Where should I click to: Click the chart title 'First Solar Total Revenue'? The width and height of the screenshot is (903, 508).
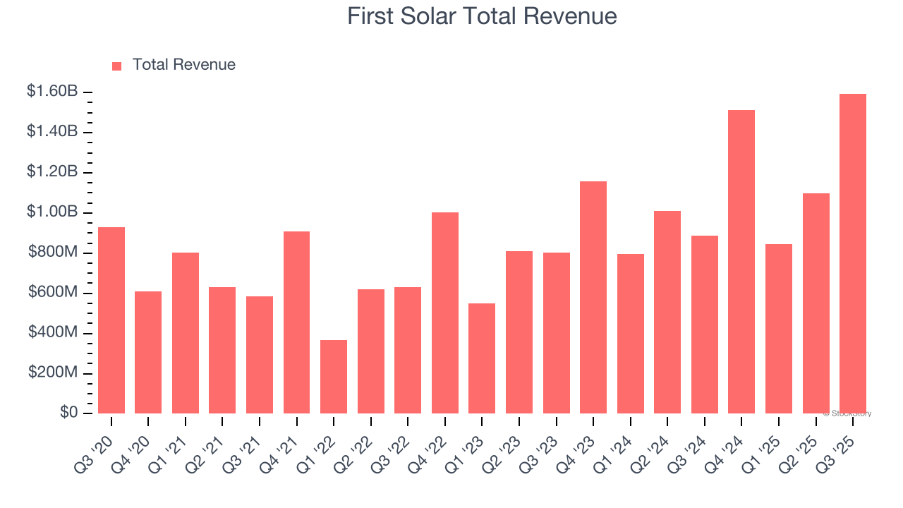482,16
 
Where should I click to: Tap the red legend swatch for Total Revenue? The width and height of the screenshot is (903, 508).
117,66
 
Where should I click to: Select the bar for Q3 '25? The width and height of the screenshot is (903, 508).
853,253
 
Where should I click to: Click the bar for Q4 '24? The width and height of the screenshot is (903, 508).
741,261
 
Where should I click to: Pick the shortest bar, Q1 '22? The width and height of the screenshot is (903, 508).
334,376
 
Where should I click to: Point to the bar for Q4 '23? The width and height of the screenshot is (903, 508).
593,297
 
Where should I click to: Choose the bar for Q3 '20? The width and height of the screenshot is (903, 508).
111,320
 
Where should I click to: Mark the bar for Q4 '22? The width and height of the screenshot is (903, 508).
445,313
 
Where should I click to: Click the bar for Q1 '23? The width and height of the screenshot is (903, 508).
482,358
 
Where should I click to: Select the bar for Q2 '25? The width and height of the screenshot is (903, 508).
816,303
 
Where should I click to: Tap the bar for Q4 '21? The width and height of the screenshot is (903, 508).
296,322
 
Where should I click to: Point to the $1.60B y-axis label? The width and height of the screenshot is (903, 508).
52,92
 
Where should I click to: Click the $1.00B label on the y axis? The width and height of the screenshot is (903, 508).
52,212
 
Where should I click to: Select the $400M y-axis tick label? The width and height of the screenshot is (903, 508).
54,332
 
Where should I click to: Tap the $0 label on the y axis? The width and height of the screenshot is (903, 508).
68,413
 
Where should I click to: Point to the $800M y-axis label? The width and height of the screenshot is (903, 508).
54,253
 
